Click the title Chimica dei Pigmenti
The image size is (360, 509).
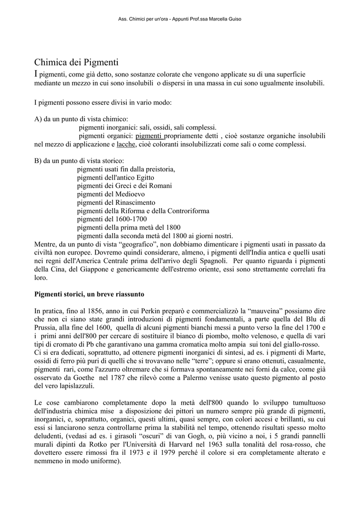click(x=76, y=63)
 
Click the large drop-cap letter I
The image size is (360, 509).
click(x=36, y=74)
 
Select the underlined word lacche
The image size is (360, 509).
click(x=126, y=145)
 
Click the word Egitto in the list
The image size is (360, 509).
click(x=144, y=177)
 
